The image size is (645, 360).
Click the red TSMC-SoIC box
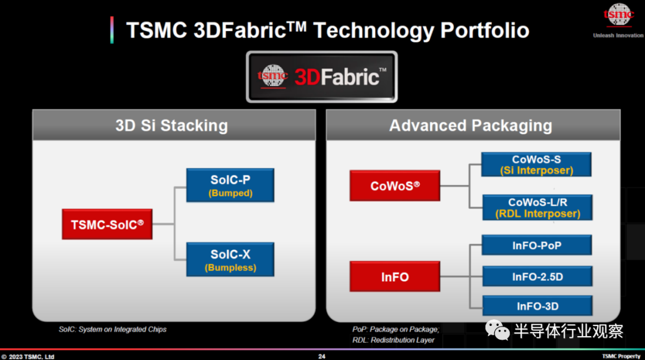(107, 224)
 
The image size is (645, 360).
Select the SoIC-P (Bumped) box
(230, 185)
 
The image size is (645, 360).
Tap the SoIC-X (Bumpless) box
(230, 260)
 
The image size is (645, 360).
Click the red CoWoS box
(395, 186)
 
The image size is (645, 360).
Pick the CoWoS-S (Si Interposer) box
(536, 165)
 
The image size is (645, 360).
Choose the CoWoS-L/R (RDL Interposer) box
(537, 207)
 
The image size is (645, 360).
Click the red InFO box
(395, 276)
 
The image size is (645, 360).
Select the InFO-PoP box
(537, 245)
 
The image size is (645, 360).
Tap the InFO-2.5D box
(537, 276)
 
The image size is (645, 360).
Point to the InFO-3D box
(537, 306)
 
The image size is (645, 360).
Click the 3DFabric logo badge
(322, 76)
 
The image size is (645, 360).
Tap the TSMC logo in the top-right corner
(618, 16)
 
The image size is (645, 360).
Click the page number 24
(322, 356)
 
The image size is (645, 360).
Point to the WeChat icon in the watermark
(497, 330)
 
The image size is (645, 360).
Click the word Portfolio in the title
(484, 30)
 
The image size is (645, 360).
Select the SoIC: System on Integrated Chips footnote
(112, 329)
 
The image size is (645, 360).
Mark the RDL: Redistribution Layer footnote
(393, 340)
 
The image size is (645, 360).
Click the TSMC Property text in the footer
(621, 356)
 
